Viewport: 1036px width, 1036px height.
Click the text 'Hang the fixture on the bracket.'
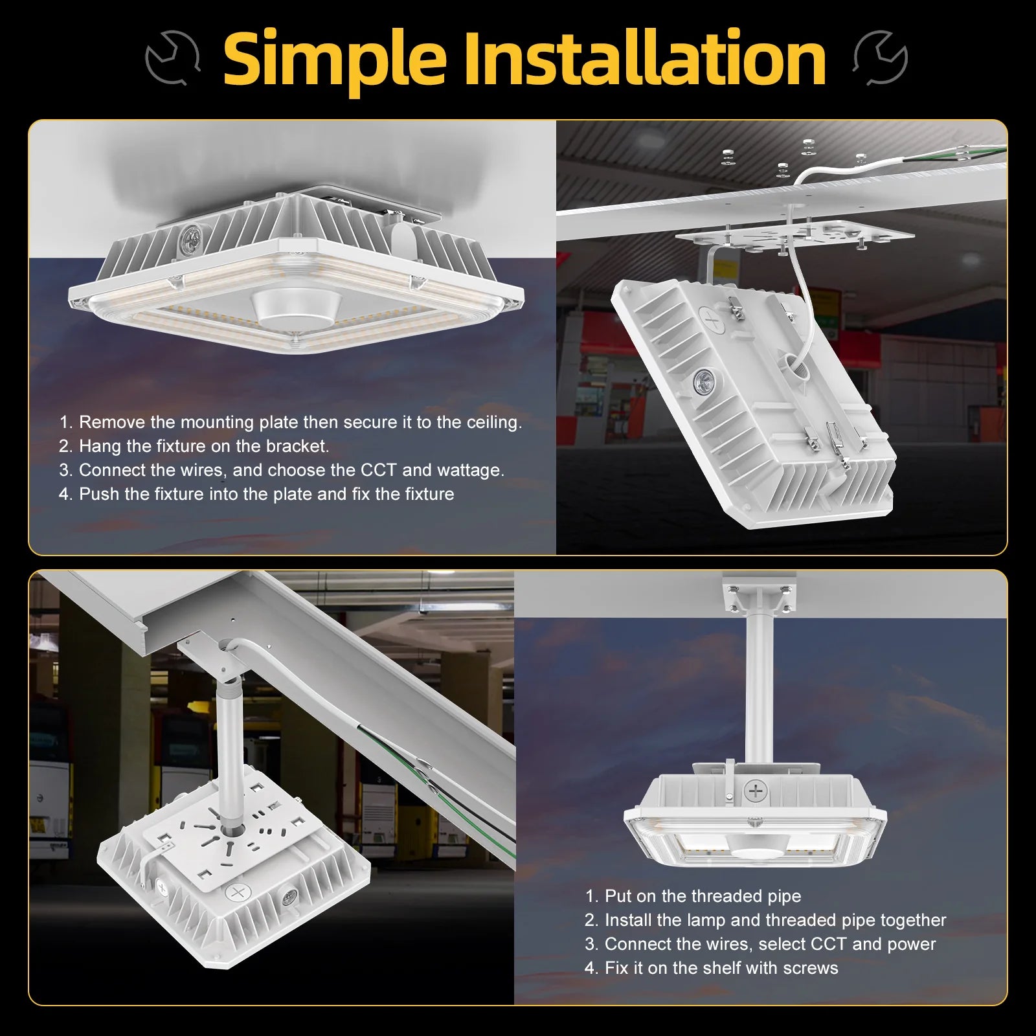click(x=203, y=446)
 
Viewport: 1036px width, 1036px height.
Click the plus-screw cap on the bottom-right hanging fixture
click(x=756, y=791)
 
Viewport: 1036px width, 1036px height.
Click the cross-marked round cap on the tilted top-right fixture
click(x=711, y=319)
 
